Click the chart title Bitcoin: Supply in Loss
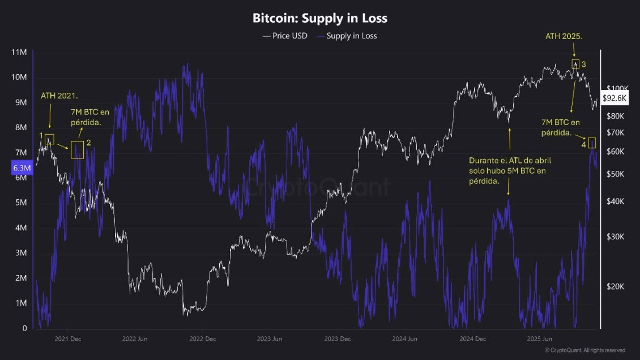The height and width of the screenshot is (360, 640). pyautogui.click(x=320, y=18)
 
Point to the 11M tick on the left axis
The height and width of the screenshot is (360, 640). pyautogui.click(x=19, y=52)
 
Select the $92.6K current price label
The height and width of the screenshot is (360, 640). pyautogui.click(x=615, y=98)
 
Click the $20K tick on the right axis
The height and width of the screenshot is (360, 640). pyautogui.click(x=615, y=286)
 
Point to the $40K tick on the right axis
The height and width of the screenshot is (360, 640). pyautogui.click(x=615, y=202)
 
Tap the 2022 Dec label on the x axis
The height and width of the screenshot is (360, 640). pyautogui.click(x=202, y=339)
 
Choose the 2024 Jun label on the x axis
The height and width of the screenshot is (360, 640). pyautogui.click(x=404, y=339)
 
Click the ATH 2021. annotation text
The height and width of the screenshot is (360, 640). pyautogui.click(x=59, y=96)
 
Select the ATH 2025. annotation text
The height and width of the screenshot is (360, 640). pyautogui.click(x=564, y=36)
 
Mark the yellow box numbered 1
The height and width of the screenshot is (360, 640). pyautogui.click(x=49, y=139)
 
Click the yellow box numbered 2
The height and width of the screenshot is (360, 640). pyautogui.click(x=77, y=149)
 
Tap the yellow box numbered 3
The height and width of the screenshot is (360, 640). pyautogui.click(x=575, y=64)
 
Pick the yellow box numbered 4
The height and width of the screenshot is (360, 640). pyautogui.click(x=592, y=143)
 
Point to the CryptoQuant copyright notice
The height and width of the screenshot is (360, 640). pyautogui.click(x=584, y=350)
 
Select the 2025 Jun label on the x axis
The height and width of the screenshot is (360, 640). pyautogui.click(x=540, y=339)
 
